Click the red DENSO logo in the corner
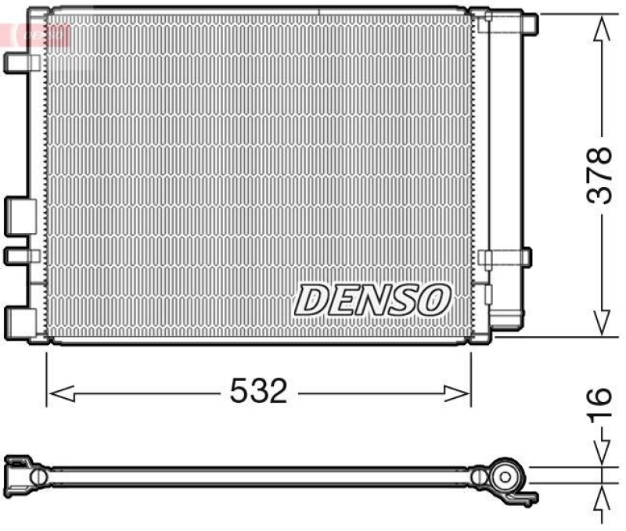click(35, 33)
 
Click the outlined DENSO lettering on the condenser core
click(373, 300)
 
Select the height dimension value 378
click(601, 175)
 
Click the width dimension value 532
click(258, 390)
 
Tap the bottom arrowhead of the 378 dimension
click(601, 322)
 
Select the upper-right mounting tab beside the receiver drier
click(527, 24)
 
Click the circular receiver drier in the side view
click(505, 475)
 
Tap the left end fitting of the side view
click(23, 473)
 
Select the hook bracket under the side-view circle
click(526, 495)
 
